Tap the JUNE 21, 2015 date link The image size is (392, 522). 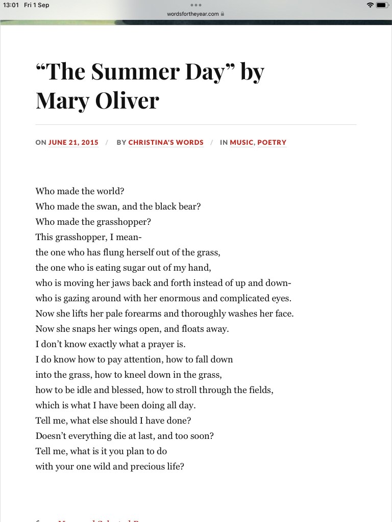(x=73, y=143)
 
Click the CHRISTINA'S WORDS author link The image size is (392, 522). (x=166, y=143)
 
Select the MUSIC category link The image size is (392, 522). (x=241, y=143)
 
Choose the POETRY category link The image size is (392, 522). (x=272, y=143)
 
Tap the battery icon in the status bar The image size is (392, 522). (x=383, y=5)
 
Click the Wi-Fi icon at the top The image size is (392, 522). (x=370, y=5)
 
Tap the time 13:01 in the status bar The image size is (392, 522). (x=11, y=5)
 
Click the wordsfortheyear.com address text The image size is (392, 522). (x=192, y=14)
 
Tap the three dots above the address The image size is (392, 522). (x=196, y=5)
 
